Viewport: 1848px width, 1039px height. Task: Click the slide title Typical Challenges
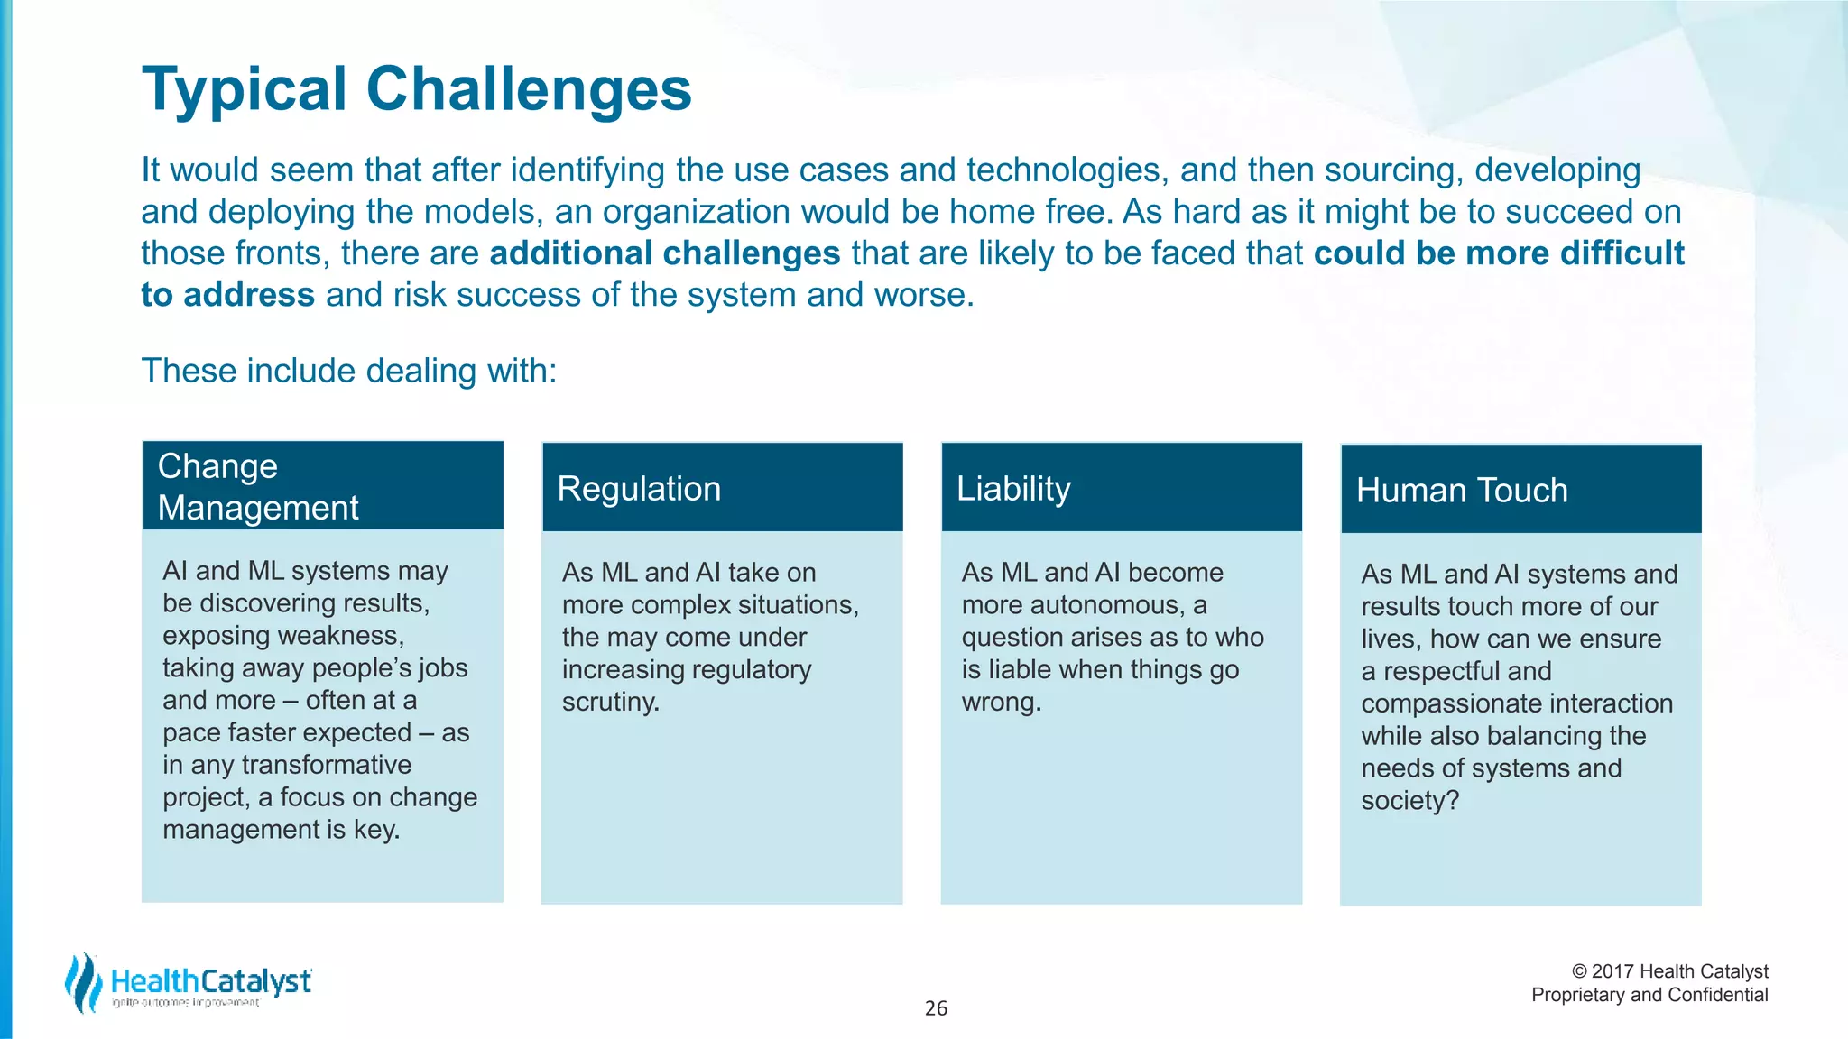point(416,89)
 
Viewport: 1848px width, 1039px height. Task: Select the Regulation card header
point(639,489)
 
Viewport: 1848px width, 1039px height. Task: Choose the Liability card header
point(1013,489)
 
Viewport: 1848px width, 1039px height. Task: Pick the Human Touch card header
point(1461,491)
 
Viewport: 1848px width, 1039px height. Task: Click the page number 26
point(936,1008)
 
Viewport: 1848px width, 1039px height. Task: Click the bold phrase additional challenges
point(665,253)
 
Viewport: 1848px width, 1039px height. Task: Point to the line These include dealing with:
point(349,371)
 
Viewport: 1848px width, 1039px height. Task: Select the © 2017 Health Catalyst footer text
point(1669,971)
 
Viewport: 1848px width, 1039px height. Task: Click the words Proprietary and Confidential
point(1649,995)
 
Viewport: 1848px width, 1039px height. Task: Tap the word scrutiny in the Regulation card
point(610,702)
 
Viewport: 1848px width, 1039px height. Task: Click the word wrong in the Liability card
point(1000,702)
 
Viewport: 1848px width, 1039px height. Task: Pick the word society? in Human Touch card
point(1409,801)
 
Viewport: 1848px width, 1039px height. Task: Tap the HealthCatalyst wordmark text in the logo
point(211,981)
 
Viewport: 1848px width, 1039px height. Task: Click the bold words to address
point(227,295)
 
